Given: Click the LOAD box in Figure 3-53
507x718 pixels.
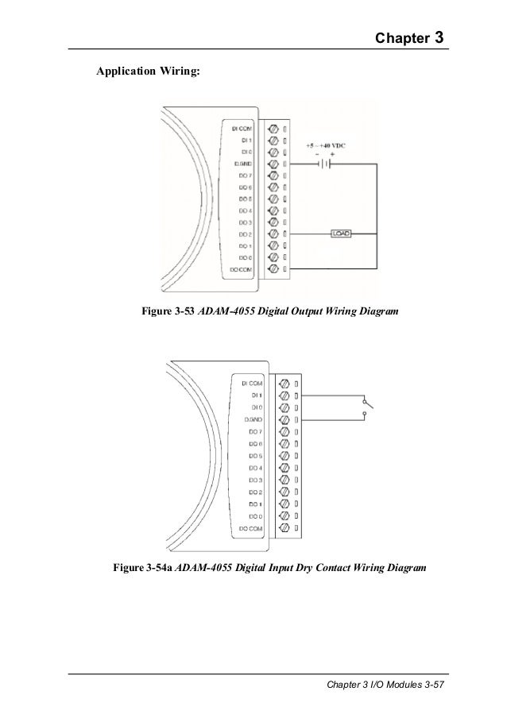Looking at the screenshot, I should pos(341,234).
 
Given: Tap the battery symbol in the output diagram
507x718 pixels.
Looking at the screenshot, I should pos(323,164).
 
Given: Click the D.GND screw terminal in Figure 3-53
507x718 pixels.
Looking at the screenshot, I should pos(274,164).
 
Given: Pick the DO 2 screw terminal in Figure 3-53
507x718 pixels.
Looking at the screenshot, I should pos(274,234).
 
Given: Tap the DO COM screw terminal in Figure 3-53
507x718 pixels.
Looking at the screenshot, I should pos(274,270).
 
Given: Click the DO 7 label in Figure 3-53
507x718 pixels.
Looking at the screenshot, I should pos(245,176).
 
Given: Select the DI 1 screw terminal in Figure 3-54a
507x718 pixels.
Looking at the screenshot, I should pos(284,395).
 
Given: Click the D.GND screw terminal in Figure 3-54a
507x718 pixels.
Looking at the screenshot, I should pos(284,419).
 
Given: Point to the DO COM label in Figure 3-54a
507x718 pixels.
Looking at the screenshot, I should pos(251,528).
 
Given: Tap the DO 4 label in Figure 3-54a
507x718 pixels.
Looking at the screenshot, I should pos(254,468).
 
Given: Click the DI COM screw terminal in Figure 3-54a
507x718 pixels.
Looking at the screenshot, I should pos(284,383).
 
